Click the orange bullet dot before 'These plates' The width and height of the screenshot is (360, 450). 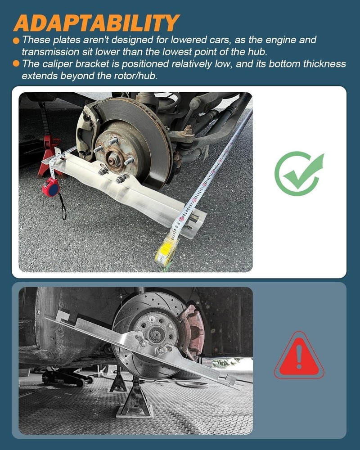(x=16, y=40)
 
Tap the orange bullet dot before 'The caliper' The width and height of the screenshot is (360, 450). (x=16, y=64)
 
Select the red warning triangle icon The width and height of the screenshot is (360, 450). (x=299, y=357)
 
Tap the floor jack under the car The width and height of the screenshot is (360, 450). (x=67, y=376)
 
